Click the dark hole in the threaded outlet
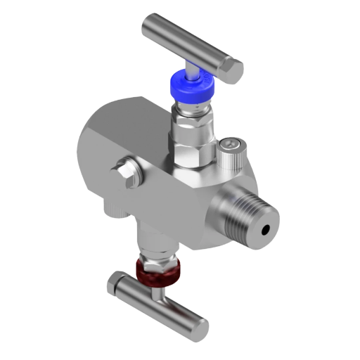click(266, 229)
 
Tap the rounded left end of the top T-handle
click(150, 26)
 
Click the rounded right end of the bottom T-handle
click(200, 327)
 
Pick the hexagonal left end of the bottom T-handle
click(115, 285)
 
